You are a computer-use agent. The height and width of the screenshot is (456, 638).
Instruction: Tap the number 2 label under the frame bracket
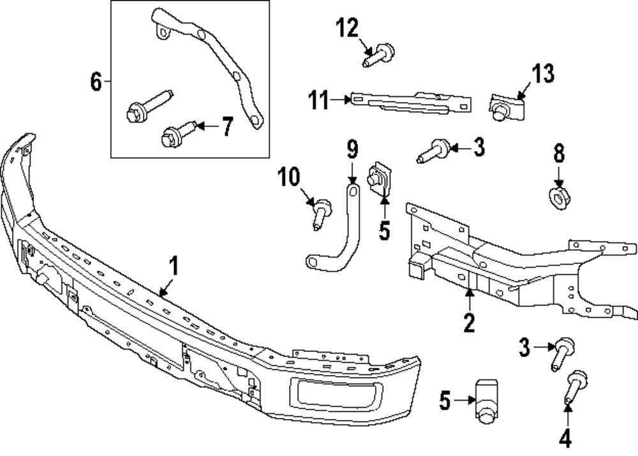point(469,323)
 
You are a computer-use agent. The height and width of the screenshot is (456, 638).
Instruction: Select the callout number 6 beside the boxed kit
point(96,82)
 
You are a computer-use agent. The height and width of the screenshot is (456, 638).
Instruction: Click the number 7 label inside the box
point(227,127)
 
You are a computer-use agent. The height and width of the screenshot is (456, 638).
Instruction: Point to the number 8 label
point(559,154)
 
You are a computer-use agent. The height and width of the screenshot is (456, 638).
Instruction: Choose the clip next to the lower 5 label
point(487,399)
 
